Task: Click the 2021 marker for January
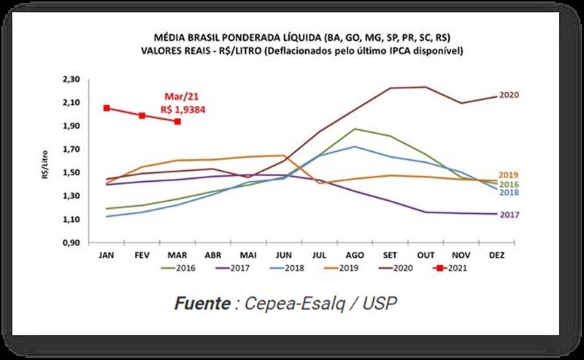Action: tap(107, 108)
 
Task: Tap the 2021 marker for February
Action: tap(142, 115)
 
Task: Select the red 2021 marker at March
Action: tap(177, 121)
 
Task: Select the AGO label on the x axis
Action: tap(354, 255)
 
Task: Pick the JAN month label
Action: tap(107, 255)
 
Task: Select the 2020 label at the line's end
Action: tap(509, 96)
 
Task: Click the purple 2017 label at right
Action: tap(509, 215)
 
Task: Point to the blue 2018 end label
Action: tap(509, 192)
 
